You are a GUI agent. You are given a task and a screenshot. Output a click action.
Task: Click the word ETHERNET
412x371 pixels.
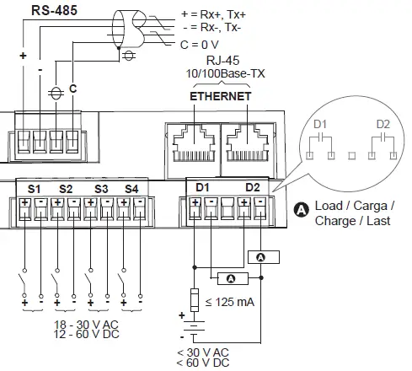tap(220, 96)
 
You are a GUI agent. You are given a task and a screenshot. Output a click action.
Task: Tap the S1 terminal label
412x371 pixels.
tap(35, 188)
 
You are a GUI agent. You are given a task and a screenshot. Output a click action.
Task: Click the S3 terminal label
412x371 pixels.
tap(101, 188)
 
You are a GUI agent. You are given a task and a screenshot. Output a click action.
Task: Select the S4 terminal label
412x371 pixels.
tap(131, 188)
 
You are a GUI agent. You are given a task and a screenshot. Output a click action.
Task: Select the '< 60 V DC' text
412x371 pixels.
tap(202, 363)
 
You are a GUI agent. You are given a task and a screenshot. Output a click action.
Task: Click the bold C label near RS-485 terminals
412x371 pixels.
tap(72, 89)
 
